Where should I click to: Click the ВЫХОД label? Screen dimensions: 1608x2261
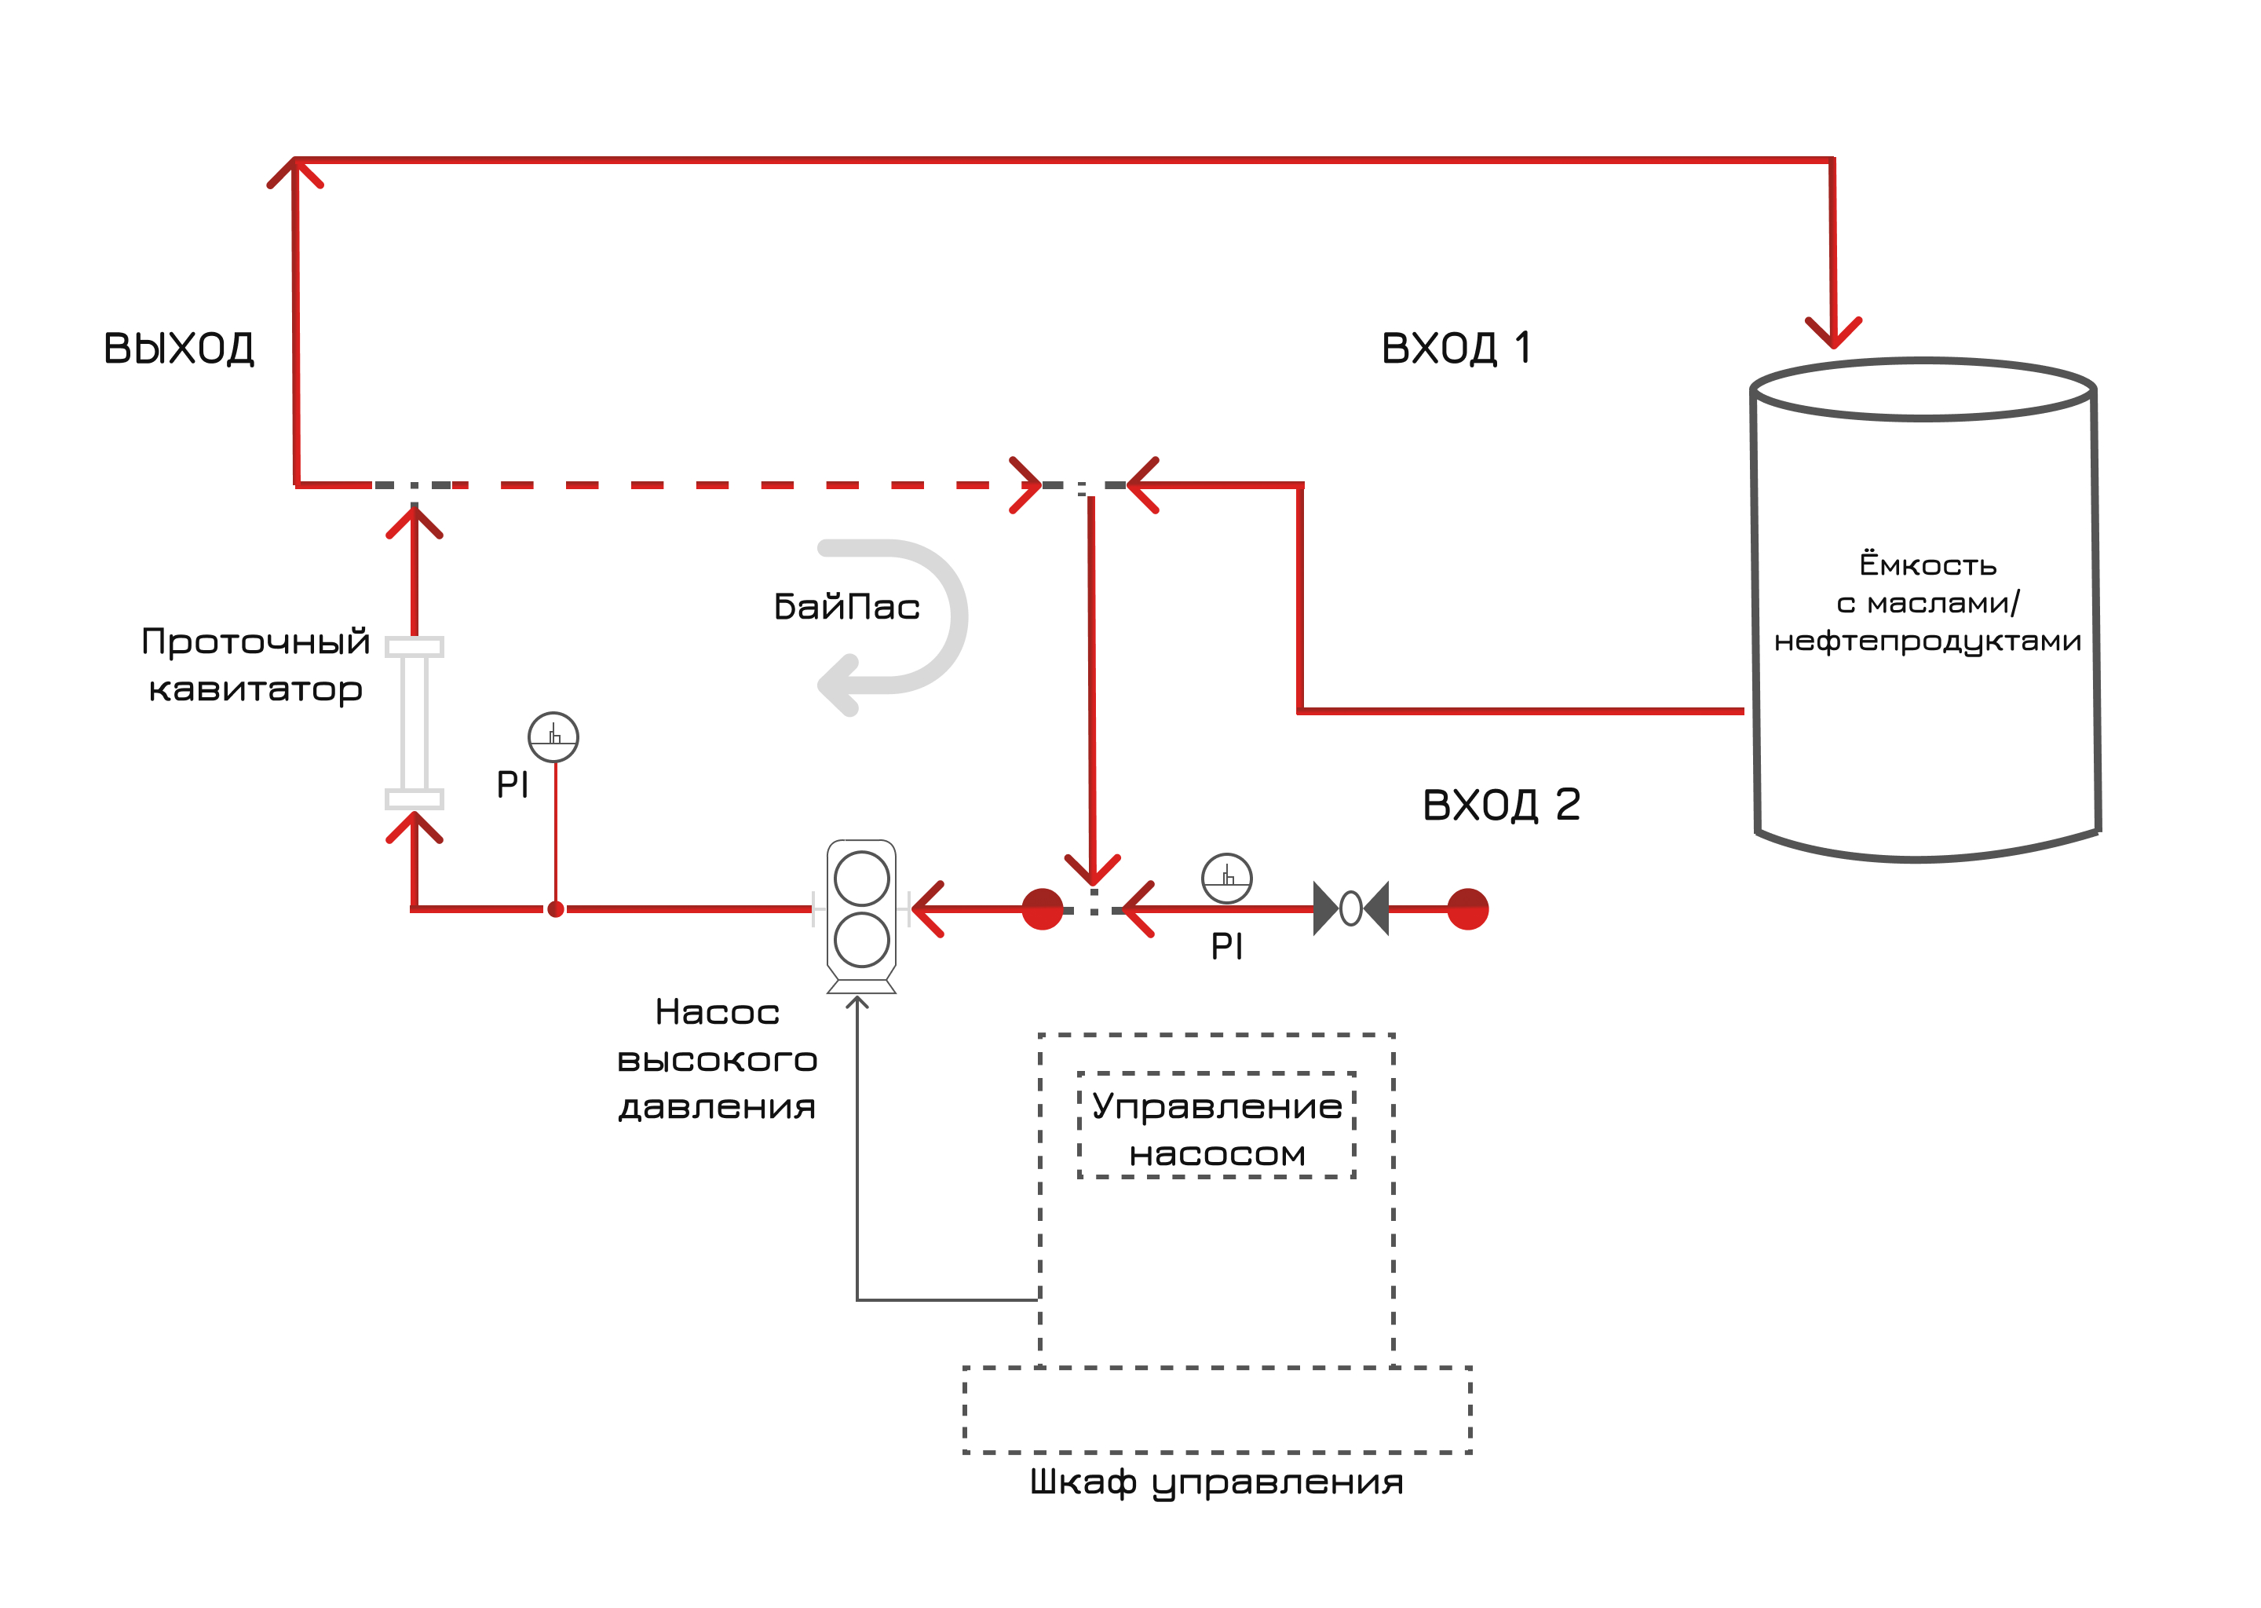[179, 349]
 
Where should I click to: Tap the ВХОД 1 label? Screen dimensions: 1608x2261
[1456, 349]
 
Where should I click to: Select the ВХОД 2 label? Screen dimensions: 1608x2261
[1501, 805]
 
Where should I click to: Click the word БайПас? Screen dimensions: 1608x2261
[846, 607]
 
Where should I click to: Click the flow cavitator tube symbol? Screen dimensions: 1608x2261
[414, 723]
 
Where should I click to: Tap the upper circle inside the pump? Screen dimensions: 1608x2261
[861, 879]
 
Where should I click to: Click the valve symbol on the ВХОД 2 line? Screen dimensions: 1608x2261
[1350, 908]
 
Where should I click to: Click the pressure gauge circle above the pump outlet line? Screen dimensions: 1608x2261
[553, 736]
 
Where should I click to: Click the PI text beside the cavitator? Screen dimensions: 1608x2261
[512, 785]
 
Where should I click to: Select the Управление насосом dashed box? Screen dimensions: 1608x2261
[1217, 1126]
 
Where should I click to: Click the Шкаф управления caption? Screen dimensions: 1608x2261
[1217, 1482]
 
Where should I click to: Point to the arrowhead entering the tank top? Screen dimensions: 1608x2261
[1833, 334]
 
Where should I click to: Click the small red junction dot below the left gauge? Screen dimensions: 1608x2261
[555, 909]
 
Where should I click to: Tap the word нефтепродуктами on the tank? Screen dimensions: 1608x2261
[1927, 641]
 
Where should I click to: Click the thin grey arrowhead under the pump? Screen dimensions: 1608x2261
[857, 1003]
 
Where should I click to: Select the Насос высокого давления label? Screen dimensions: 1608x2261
[717, 1059]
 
